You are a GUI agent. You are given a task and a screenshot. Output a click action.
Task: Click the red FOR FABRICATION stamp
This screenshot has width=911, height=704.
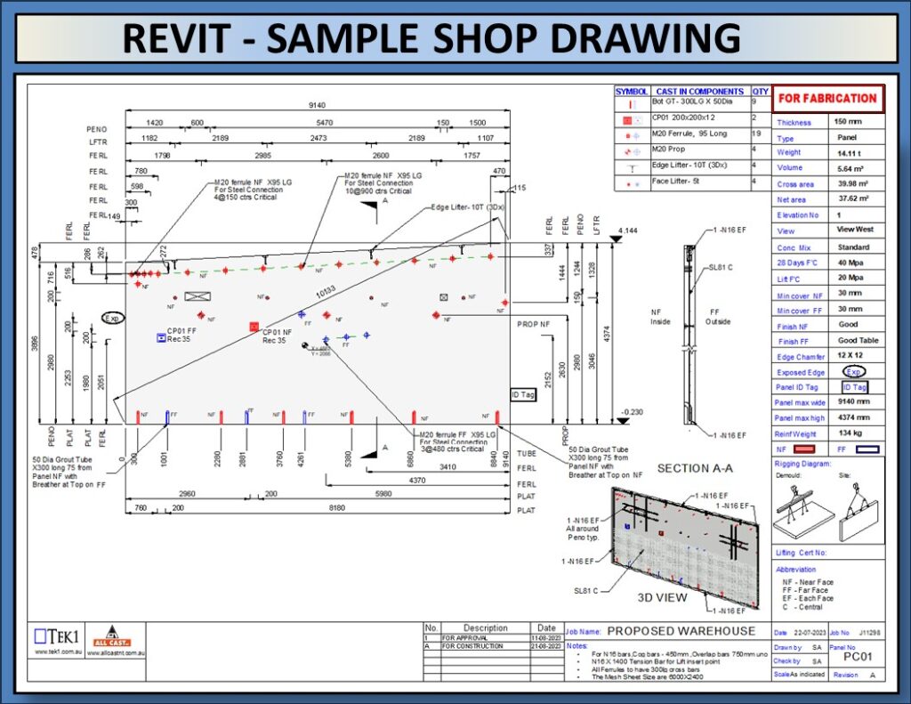tap(827, 98)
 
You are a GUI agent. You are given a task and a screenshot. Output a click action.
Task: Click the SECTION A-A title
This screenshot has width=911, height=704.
tap(695, 468)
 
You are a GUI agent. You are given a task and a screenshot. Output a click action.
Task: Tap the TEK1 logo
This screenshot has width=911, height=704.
tap(55, 636)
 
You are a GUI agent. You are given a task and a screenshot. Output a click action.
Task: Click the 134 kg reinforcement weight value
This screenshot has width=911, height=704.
tap(847, 433)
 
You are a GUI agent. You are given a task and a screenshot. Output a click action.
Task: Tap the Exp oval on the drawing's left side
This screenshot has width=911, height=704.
tap(113, 318)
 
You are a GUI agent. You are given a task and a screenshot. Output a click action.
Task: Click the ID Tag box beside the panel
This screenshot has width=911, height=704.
tap(521, 393)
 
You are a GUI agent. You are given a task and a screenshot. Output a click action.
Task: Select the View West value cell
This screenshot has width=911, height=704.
tap(855, 230)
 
